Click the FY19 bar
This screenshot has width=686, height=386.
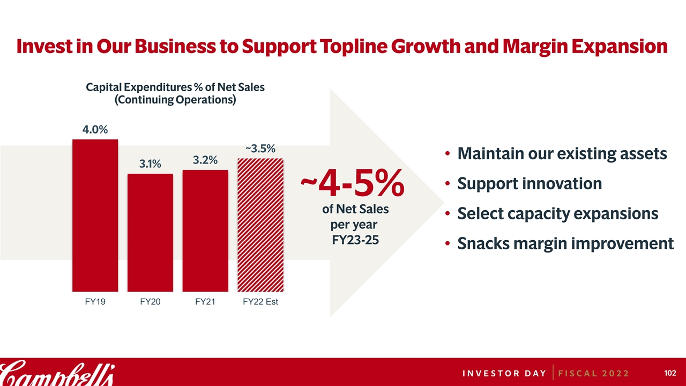[x=95, y=214]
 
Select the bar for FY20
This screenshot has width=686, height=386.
[x=150, y=232]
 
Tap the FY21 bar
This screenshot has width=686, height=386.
[x=205, y=230]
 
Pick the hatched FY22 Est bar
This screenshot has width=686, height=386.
[x=260, y=224]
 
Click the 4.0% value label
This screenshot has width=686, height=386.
[x=95, y=130]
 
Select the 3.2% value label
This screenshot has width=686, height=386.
[x=205, y=160]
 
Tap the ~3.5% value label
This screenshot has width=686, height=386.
[x=260, y=149]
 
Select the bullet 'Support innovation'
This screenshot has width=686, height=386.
[x=530, y=184]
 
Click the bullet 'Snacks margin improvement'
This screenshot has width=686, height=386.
[x=565, y=244]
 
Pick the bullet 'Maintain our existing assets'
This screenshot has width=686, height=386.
[x=562, y=154]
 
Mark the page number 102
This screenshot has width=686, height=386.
[x=670, y=373]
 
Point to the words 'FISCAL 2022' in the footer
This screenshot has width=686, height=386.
[x=594, y=373]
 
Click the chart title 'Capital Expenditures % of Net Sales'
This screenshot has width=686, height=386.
[x=175, y=87]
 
